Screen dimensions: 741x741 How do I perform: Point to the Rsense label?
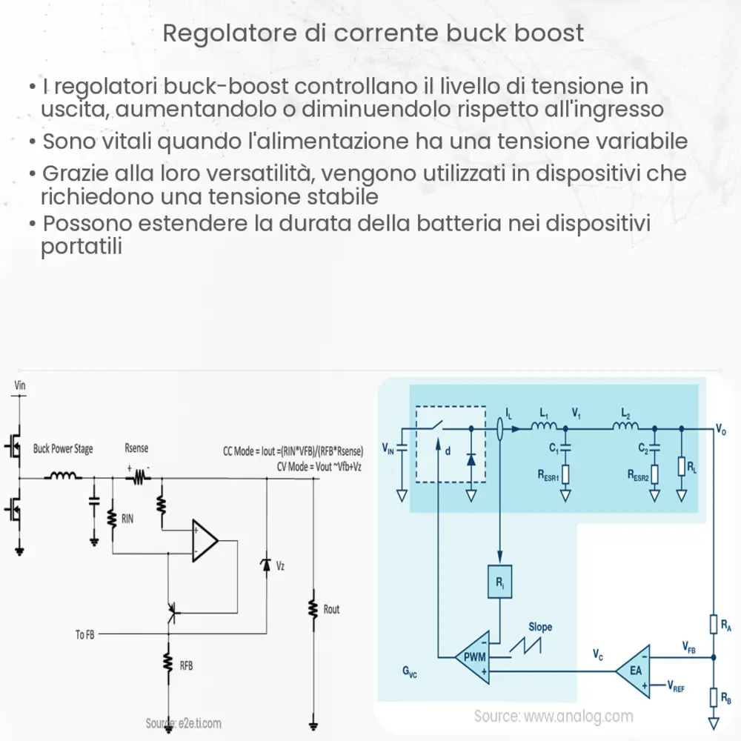click(x=136, y=449)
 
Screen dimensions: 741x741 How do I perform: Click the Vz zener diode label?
click(x=279, y=566)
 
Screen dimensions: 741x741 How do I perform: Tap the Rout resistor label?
click(x=331, y=609)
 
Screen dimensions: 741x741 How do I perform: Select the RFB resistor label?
click(x=186, y=665)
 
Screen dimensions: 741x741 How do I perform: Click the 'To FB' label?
click(x=84, y=635)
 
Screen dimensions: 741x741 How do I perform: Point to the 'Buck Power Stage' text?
click(x=63, y=449)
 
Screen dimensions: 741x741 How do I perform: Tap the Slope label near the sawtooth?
click(x=540, y=627)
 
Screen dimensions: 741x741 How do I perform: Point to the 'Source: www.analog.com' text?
click(x=554, y=716)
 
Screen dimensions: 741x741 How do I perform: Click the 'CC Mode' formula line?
click(x=293, y=451)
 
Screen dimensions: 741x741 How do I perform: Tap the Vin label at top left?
click(x=20, y=385)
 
